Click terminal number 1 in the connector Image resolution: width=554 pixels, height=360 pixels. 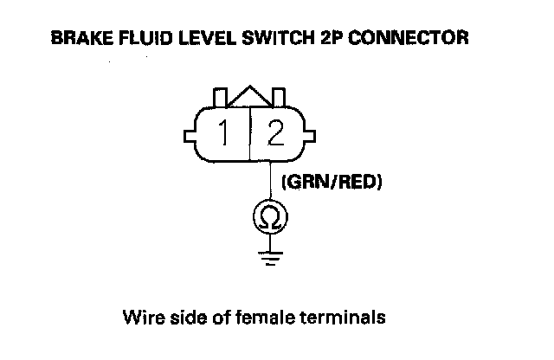click(x=224, y=134)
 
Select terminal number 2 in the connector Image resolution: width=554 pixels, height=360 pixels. click(x=276, y=134)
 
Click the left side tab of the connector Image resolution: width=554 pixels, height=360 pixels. click(x=190, y=135)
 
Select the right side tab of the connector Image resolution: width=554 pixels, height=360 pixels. click(x=309, y=135)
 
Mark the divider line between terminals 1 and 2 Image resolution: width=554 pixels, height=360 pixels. click(x=250, y=135)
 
